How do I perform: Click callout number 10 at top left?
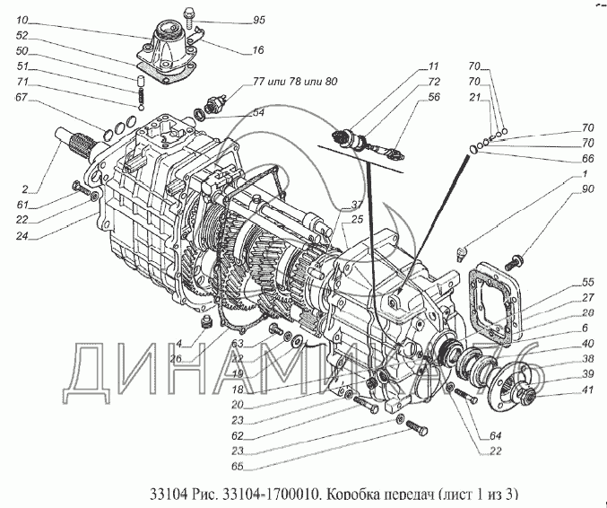(x=22, y=19)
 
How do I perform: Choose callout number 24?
(x=22, y=238)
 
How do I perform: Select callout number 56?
(x=433, y=97)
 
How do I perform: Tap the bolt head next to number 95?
(x=190, y=14)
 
